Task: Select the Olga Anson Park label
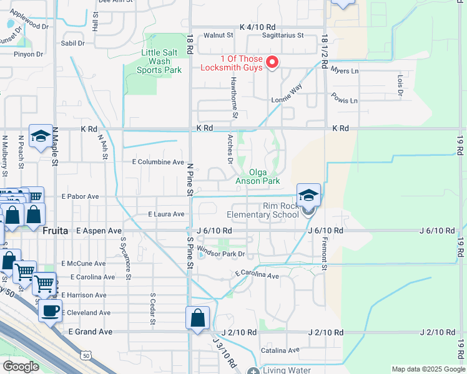257,176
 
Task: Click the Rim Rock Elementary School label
263,211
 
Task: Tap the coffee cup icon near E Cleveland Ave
50,310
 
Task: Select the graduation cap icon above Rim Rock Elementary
308,195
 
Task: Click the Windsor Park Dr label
220,253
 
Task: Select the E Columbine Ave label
158,162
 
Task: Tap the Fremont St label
324,256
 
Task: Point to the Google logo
21,367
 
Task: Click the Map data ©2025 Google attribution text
428,369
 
